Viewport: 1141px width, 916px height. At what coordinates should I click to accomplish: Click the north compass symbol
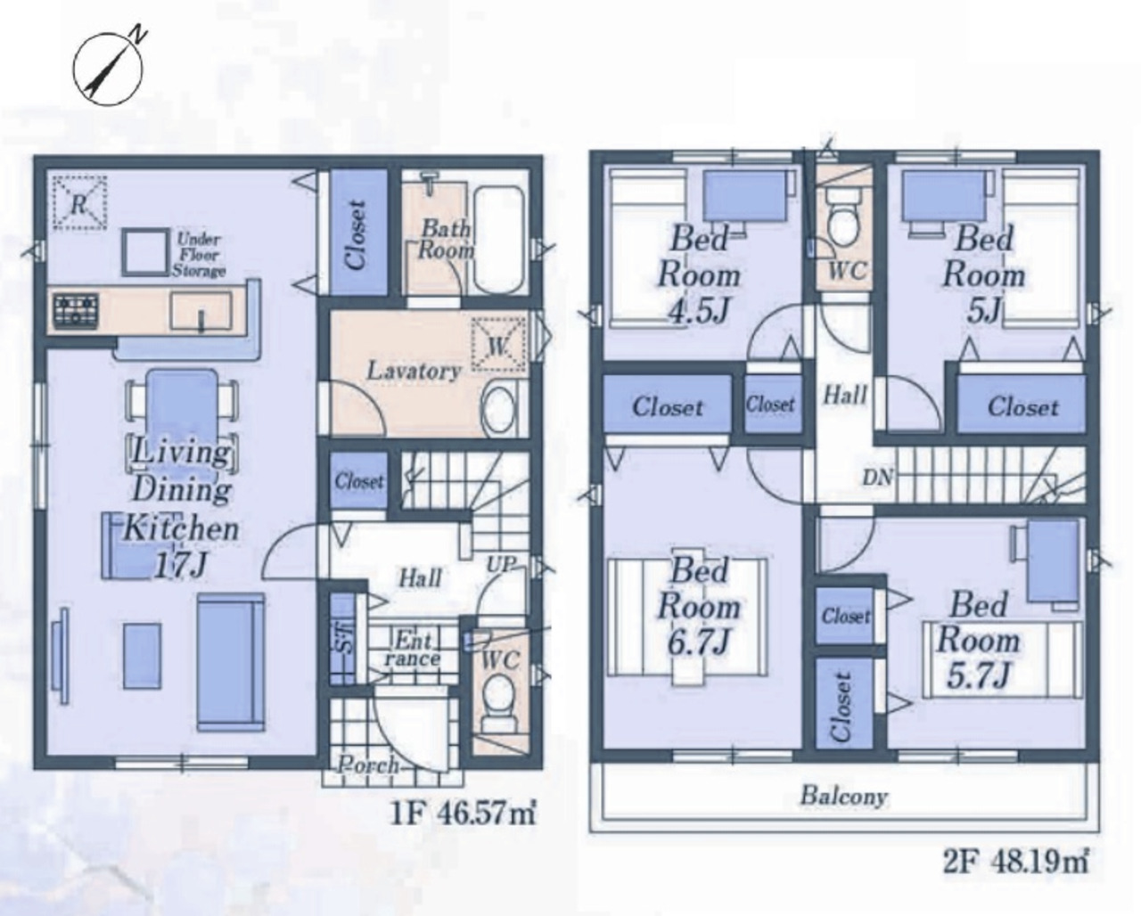[x=108, y=68]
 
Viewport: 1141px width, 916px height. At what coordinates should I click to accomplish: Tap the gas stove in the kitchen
[x=76, y=310]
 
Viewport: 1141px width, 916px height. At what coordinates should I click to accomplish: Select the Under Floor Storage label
[x=199, y=256]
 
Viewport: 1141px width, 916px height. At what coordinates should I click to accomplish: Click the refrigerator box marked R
[x=79, y=203]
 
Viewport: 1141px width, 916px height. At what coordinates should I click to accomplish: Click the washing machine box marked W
[x=499, y=345]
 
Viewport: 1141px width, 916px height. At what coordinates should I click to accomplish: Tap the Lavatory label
[x=414, y=371]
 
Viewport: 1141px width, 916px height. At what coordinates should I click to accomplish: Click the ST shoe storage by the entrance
[x=342, y=639]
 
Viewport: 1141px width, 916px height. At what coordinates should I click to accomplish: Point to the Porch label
[x=368, y=765]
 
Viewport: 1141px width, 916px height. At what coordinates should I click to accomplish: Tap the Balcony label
[x=843, y=797]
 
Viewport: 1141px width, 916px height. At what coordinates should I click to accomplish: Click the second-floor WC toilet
[x=845, y=225]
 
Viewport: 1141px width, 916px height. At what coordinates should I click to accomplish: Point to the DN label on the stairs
[x=878, y=478]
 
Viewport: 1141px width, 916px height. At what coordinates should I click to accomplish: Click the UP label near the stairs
[x=502, y=564]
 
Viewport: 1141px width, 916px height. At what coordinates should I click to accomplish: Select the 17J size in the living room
[x=180, y=566]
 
